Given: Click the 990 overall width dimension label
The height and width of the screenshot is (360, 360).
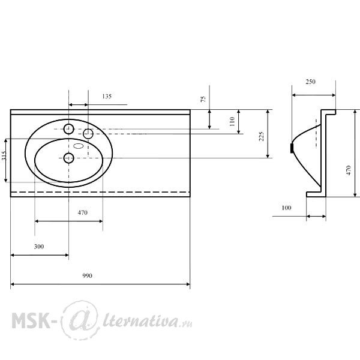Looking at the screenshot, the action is coord(87,275).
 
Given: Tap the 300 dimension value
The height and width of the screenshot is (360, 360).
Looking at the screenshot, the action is coord(39,247).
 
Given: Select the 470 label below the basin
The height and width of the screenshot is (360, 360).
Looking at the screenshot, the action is coord(82,212).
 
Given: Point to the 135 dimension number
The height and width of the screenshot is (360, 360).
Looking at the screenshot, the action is coord(107,96).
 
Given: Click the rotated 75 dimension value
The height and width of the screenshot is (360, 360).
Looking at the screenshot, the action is coord(203,99).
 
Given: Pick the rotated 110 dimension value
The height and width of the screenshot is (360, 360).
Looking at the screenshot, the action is coord(232,121).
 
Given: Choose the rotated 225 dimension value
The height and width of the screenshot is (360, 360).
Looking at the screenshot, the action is coord(261,136).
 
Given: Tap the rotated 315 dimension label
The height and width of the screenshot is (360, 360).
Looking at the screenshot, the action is coord(3,155).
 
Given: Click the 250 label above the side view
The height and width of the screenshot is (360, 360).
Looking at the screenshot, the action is coord(310,82).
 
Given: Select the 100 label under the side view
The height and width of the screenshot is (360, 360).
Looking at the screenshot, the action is coord(286,208).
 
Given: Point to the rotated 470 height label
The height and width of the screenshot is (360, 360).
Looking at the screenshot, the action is coord(349,170).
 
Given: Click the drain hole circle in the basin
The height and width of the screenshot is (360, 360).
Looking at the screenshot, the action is coord(68,158).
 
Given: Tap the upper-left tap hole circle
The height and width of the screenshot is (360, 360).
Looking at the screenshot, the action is coord(68,129).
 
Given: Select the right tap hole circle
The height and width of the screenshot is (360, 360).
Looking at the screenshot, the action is coord(88,134).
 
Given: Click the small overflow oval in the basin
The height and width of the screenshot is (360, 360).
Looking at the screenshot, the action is coord(78,146).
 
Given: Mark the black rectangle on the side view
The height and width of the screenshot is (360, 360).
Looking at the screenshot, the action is coord(292,148).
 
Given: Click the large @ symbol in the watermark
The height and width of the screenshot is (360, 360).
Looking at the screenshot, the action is coord(80,320).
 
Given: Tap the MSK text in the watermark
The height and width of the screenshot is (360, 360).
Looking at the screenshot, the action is coord(31,320).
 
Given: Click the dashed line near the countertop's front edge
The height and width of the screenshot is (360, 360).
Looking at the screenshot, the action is coord(100,192).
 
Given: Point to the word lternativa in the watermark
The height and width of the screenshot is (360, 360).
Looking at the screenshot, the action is coord(140,320).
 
